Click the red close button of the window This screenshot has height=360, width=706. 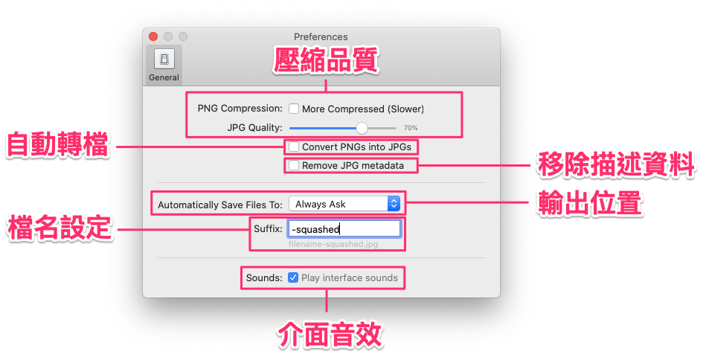click(153, 36)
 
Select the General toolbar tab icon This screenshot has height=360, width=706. click(164, 60)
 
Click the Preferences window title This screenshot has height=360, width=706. click(321, 36)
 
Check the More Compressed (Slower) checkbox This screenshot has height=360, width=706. click(294, 109)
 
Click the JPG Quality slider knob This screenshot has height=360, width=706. click(362, 127)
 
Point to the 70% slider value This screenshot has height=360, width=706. click(411, 128)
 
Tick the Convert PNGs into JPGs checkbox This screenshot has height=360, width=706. click(294, 147)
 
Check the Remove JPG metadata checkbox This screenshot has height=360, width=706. click(294, 165)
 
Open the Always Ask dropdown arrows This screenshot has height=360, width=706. click(394, 203)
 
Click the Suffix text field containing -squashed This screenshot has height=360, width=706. click(344, 228)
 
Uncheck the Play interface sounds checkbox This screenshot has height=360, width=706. click(294, 277)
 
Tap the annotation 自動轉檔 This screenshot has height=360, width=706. click(58, 145)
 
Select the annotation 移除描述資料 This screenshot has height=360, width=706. click(615, 163)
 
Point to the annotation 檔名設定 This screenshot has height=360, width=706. click(59, 228)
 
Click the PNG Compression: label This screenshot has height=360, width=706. click(240, 109)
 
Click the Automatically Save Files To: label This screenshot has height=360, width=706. click(220, 204)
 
